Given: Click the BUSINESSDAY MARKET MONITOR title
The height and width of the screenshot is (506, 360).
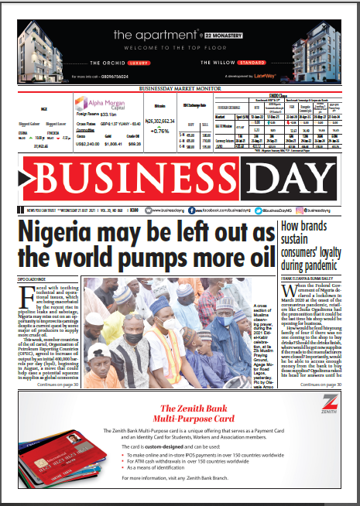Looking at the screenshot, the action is pos(180,88).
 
